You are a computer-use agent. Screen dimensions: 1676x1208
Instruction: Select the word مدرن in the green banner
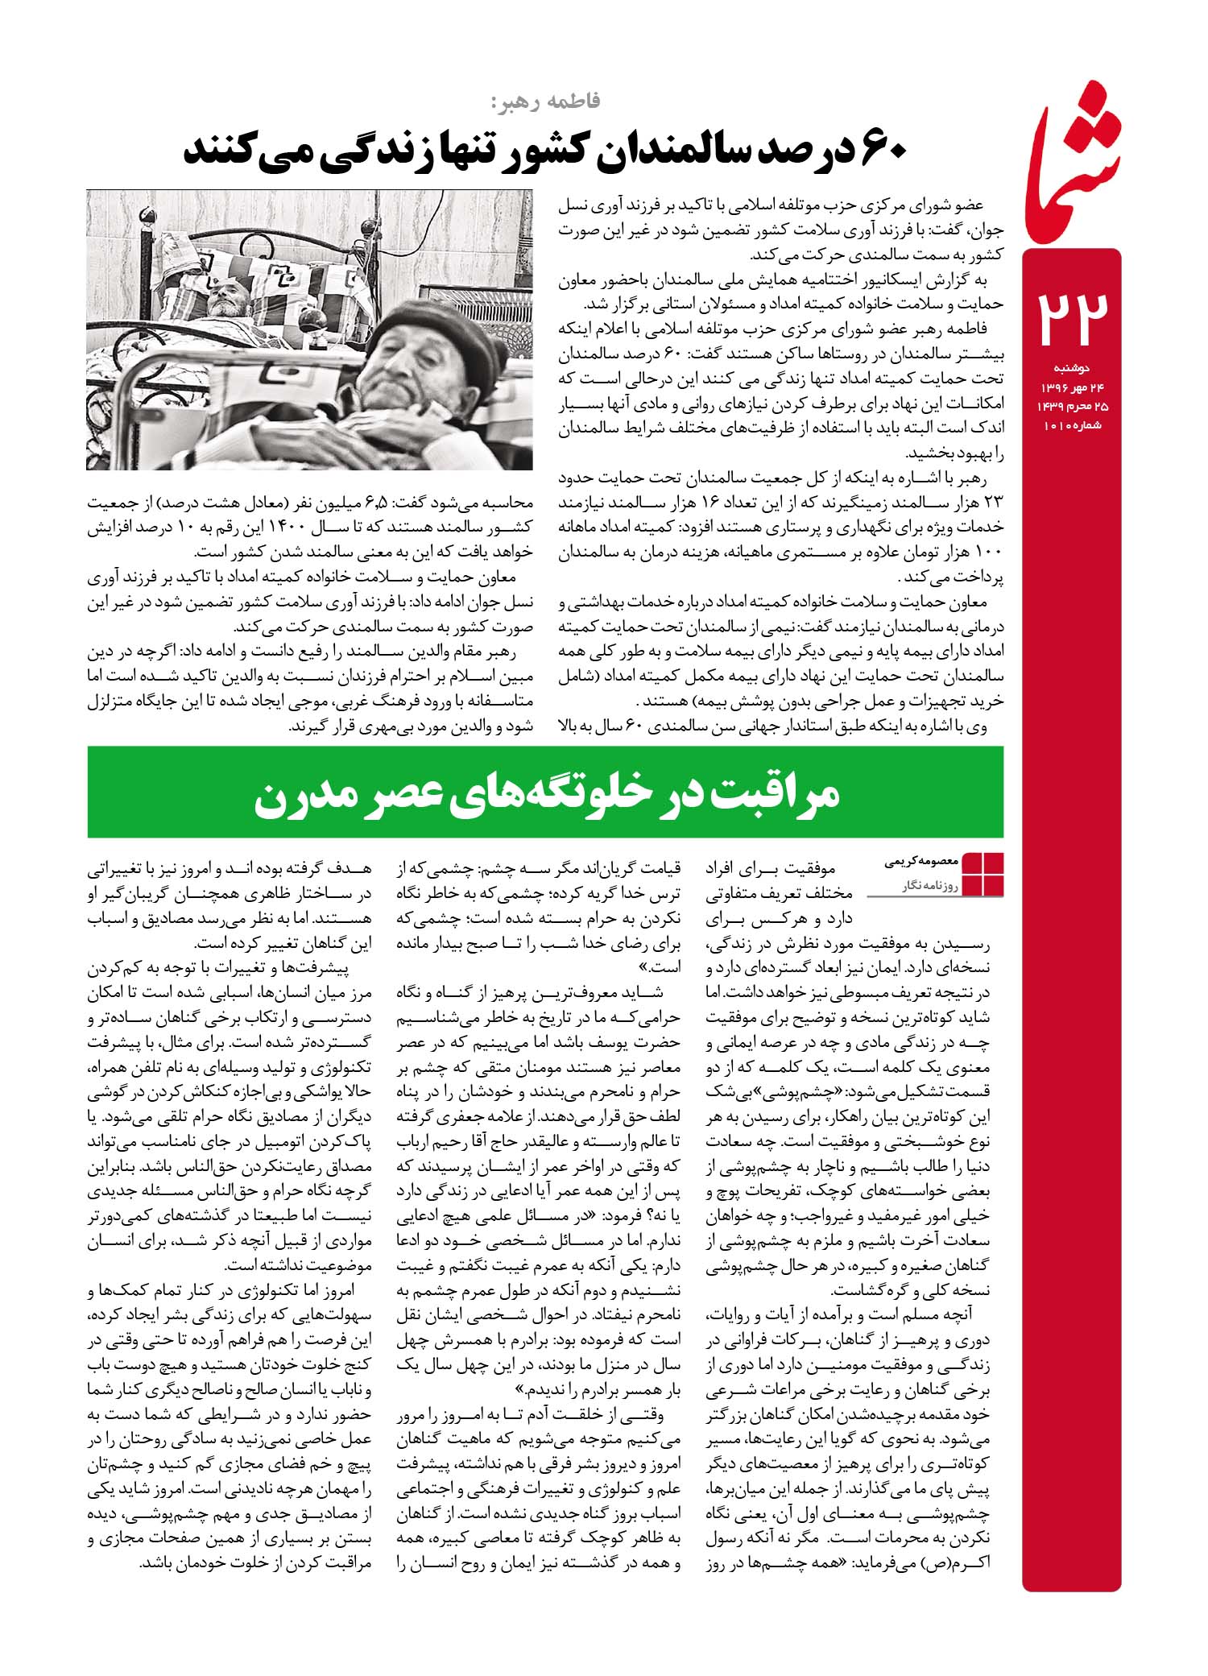[x=303, y=794]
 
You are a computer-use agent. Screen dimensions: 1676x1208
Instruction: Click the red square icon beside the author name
[x=983, y=873]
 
